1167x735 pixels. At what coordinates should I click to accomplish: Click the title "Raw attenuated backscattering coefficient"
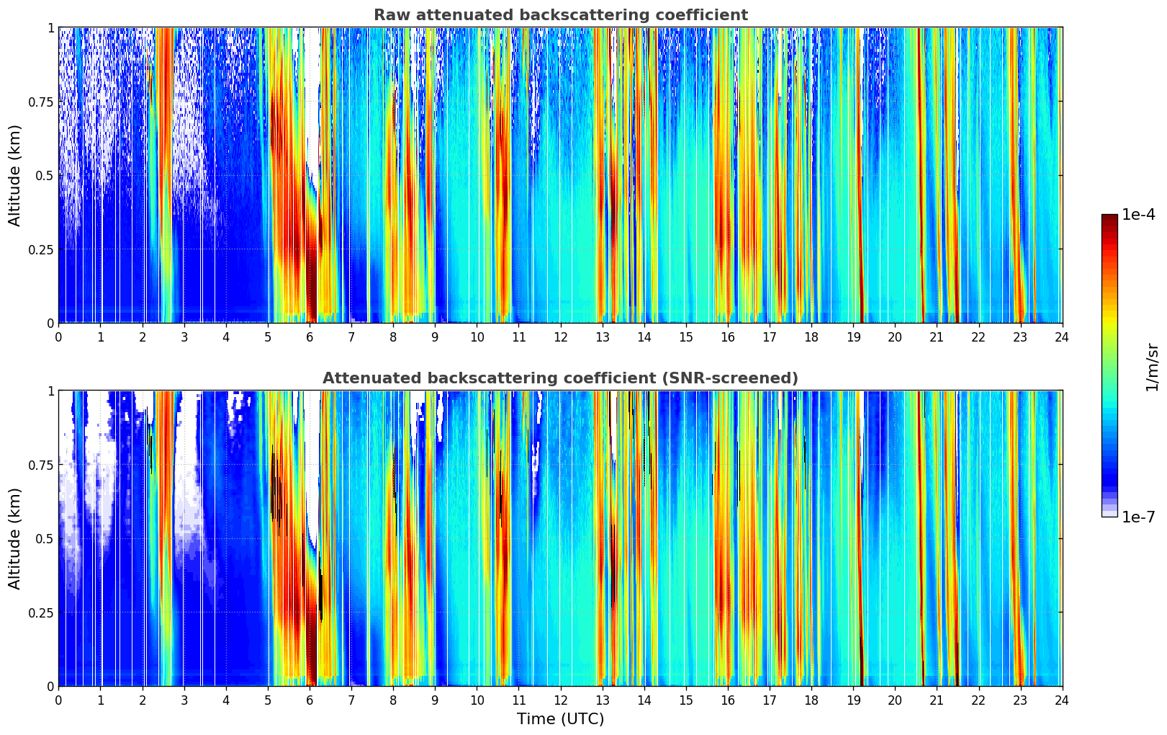(x=560, y=15)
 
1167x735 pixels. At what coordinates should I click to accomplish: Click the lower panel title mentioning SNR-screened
(x=560, y=378)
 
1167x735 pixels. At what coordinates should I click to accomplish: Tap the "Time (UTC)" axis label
(x=560, y=719)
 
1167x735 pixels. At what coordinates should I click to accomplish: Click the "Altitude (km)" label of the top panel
(x=15, y=175)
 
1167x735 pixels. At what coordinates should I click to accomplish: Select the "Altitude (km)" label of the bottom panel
(x=15, y=538)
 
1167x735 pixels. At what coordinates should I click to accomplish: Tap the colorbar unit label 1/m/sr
(x=1152, y=367)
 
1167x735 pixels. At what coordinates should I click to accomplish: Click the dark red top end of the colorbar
(x=1109, y=218)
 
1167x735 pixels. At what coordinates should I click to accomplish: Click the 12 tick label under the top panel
(x=560, y=337)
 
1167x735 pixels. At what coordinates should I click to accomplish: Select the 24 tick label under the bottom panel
(x=1062, y=700)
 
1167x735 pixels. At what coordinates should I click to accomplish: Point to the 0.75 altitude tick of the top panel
(x=41, y=102)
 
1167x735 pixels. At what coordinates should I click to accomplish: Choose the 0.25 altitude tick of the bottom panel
(x=41, y=612)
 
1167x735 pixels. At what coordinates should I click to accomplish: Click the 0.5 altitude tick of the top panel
(x=45, y=175)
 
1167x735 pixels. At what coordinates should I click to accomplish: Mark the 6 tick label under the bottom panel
(x=310, y=700)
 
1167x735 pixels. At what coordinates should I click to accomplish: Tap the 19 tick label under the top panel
(x=853, y=337)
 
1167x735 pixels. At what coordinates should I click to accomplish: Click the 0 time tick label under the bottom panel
(x=58, y=700)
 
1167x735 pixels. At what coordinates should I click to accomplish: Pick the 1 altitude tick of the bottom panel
(x=50, y=391)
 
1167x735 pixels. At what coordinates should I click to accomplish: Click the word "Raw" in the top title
(x=390, y=15)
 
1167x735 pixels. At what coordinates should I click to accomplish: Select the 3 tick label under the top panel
(x=184, y=337)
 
